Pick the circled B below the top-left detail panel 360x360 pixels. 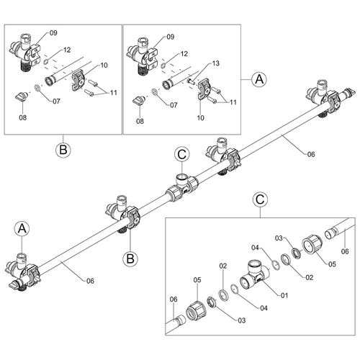tap(63, 150)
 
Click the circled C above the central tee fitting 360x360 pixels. tap(182, 153)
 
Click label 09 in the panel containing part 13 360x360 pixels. tap(170, 37)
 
